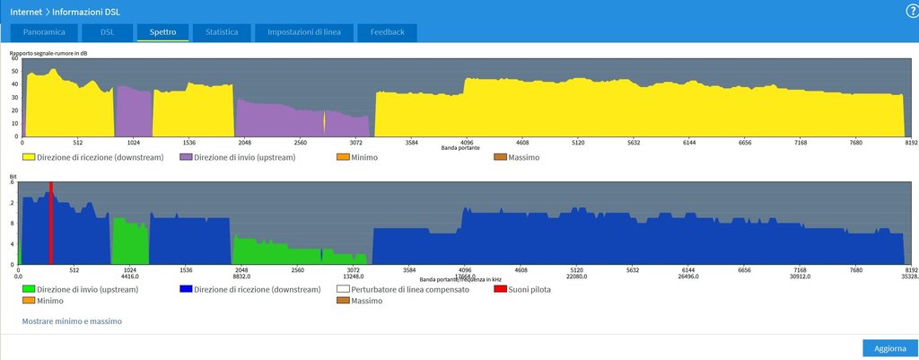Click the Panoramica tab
[x=43, y=32]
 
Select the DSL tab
[x=107, y=32]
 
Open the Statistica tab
[x=221, y=32]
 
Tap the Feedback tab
[x=386, y=32]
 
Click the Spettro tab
[x=162, y=32]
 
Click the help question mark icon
[x=912, y=10]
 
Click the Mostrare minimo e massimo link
[x=72, y=320]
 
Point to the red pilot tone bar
[x=50, y=224]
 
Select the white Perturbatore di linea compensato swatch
[x=342, y=290]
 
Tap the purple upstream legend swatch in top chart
[x=186, y=157]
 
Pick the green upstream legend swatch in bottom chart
[x=29, y=290]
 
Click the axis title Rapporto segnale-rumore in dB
[x=48, y=54]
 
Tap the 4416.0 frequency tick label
[x=131, y=276]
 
